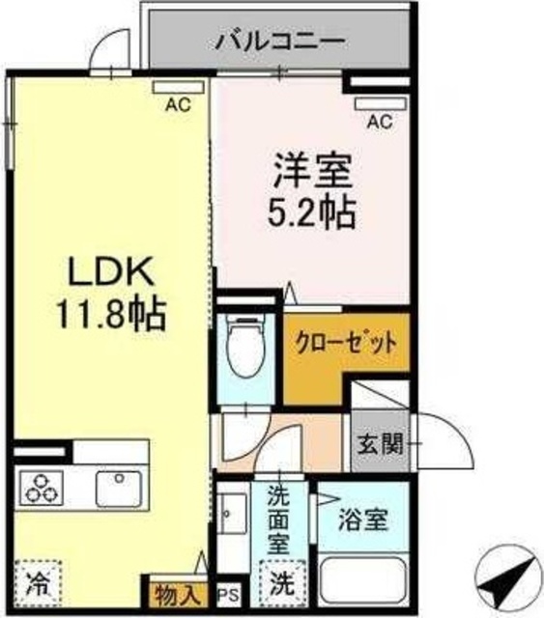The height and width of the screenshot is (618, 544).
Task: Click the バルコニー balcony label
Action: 280,42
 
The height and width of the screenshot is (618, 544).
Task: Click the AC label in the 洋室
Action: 381,121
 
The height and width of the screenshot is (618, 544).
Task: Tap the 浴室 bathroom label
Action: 363,521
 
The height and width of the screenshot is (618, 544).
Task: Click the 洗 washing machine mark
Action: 280,583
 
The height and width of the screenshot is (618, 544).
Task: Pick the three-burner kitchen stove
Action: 42,489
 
